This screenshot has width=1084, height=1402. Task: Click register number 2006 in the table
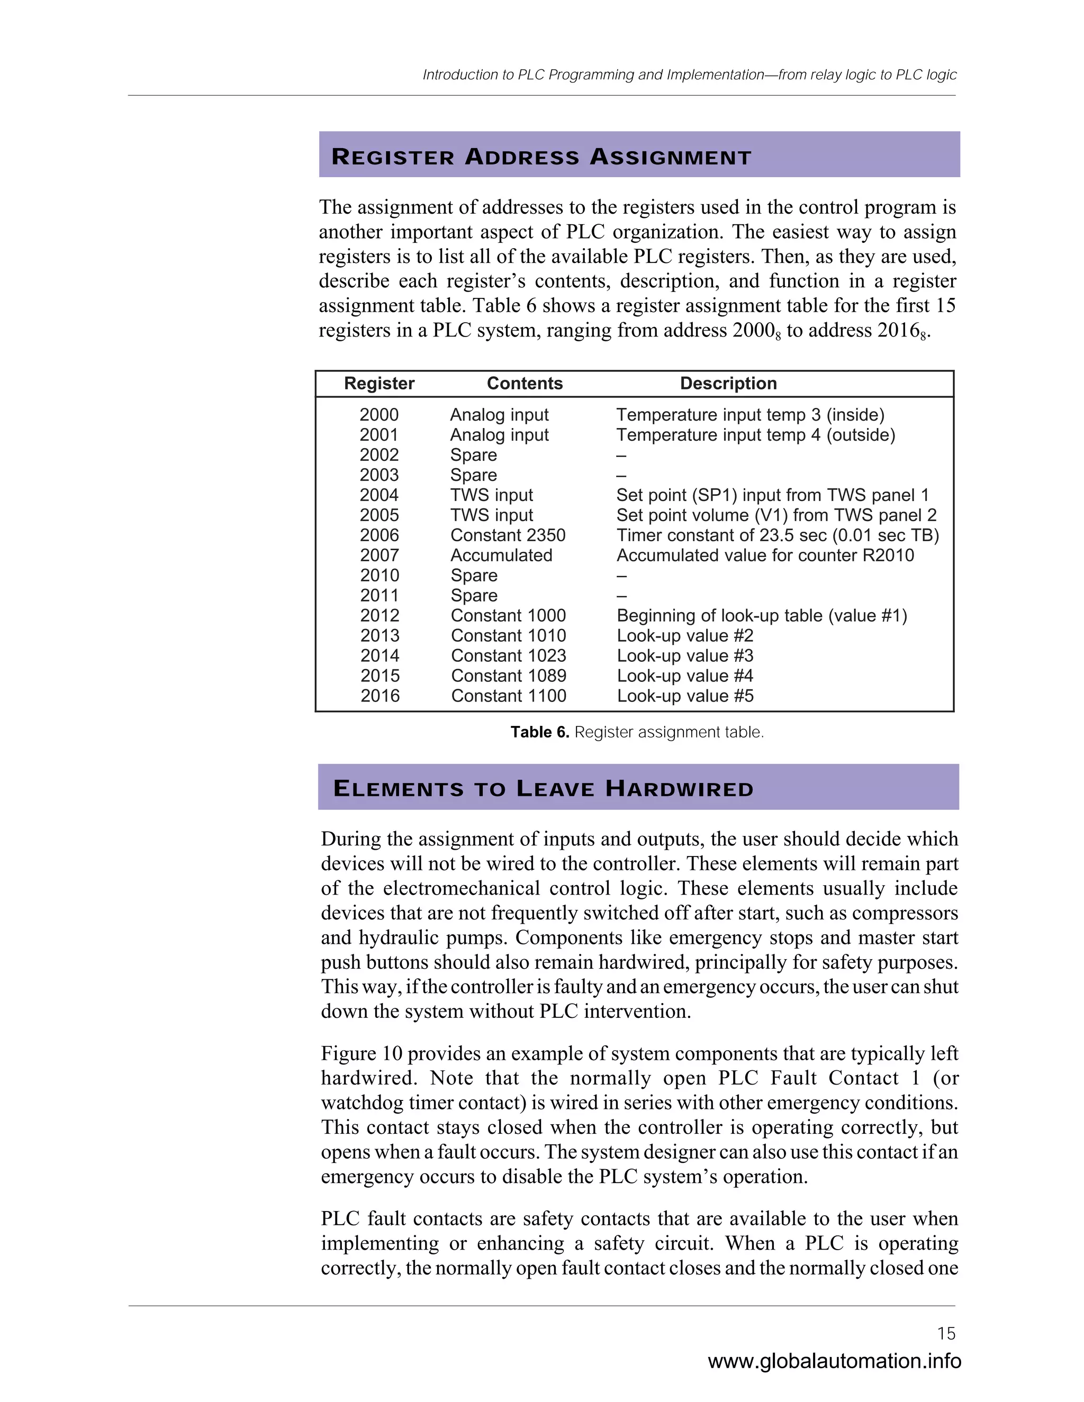click(x=379, y=535)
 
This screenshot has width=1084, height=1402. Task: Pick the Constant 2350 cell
click(x=507, y=535)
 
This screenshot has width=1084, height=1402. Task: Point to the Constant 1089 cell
click(x=508, y=676)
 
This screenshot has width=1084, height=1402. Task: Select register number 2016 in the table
click(x=380, y=696)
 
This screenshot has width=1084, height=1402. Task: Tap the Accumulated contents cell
click(x=501, y=556)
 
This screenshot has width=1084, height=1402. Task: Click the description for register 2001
click(x=755, y=435)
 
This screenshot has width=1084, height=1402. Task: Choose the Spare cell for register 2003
click(x=473, y=475)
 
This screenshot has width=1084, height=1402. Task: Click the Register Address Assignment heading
click(x=541, y=157)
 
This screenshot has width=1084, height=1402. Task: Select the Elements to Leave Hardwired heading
click(x=543, y=788)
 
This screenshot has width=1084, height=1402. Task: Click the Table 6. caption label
click(x=539, y=732)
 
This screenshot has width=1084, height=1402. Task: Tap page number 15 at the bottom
click(x=946, y=1333)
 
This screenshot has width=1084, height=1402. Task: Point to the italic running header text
click(x=689, y=75)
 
